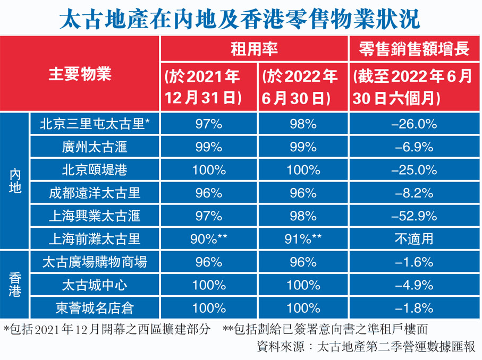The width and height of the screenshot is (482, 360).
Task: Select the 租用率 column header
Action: click(x=254, y=50)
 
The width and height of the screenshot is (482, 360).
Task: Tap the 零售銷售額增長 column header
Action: click(x=414, y=50)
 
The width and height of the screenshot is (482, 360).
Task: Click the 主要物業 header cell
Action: click(x=80, y=74)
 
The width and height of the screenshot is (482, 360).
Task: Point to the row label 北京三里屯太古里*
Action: click(x=95, y=124)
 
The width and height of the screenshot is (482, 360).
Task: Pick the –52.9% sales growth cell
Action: click(x=414, y=216)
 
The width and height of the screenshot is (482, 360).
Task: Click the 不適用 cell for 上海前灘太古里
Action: click(x=414, y=238)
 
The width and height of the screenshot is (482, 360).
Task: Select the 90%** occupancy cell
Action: click(x=209, y=238)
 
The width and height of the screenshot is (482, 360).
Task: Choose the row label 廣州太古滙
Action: click(x=95, y=147)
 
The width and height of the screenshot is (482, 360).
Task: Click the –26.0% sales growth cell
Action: click(x=414, y=124)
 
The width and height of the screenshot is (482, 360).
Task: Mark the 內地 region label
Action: click(x=16, y=181)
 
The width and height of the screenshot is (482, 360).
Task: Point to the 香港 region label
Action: click(x=16, y=284)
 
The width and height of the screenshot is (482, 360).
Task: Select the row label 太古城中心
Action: click(x=95, y=285)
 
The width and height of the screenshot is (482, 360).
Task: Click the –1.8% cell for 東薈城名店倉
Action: click(x=414, y=307)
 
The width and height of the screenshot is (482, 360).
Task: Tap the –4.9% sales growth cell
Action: click(x=414, y=285)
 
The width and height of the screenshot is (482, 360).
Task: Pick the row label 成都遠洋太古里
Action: click(x=95, y=193)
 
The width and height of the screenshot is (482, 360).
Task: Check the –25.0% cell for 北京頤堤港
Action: click(x=414, y=170)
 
